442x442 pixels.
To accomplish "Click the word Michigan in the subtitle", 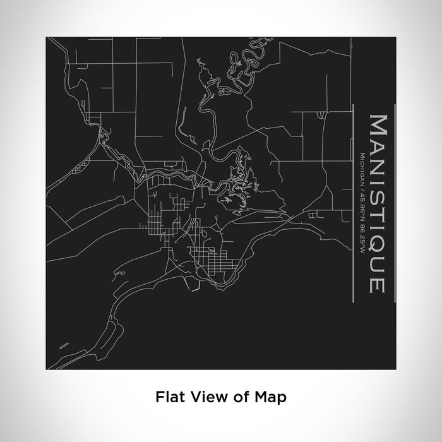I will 361,166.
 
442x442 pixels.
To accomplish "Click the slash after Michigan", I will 361,186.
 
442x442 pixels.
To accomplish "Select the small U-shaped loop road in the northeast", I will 322,114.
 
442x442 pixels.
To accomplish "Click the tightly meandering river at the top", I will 243,63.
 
